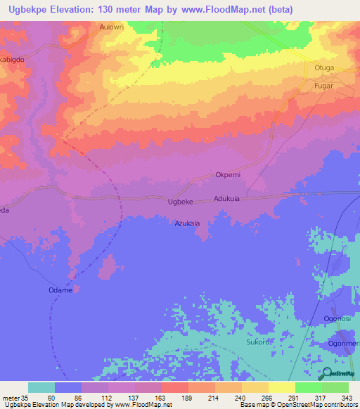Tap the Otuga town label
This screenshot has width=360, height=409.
click(324, 67)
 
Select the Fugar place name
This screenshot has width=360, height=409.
click(324, 84)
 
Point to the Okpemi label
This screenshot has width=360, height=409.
click(229, 176)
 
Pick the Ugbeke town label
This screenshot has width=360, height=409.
click(181, 202)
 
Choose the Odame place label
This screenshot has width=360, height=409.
click(61, 290)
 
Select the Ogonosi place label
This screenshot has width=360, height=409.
click(337, 318)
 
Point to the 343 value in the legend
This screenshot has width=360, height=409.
click(347, 398)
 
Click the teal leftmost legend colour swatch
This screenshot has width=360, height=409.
click(41, 387)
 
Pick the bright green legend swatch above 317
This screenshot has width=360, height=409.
click(308, 387)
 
